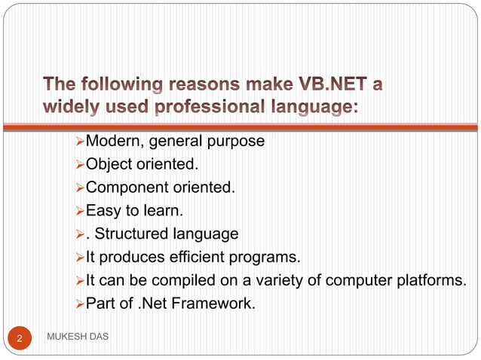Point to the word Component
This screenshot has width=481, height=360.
point(128,187)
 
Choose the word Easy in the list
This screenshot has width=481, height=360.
point(101,210)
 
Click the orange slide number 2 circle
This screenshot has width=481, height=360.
point(20,339)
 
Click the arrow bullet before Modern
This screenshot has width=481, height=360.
point(80,141)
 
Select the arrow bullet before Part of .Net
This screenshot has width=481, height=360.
point(80,305)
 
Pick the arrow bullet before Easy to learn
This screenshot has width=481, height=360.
point(80,211)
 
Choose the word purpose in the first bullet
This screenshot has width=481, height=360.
point(237,141)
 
